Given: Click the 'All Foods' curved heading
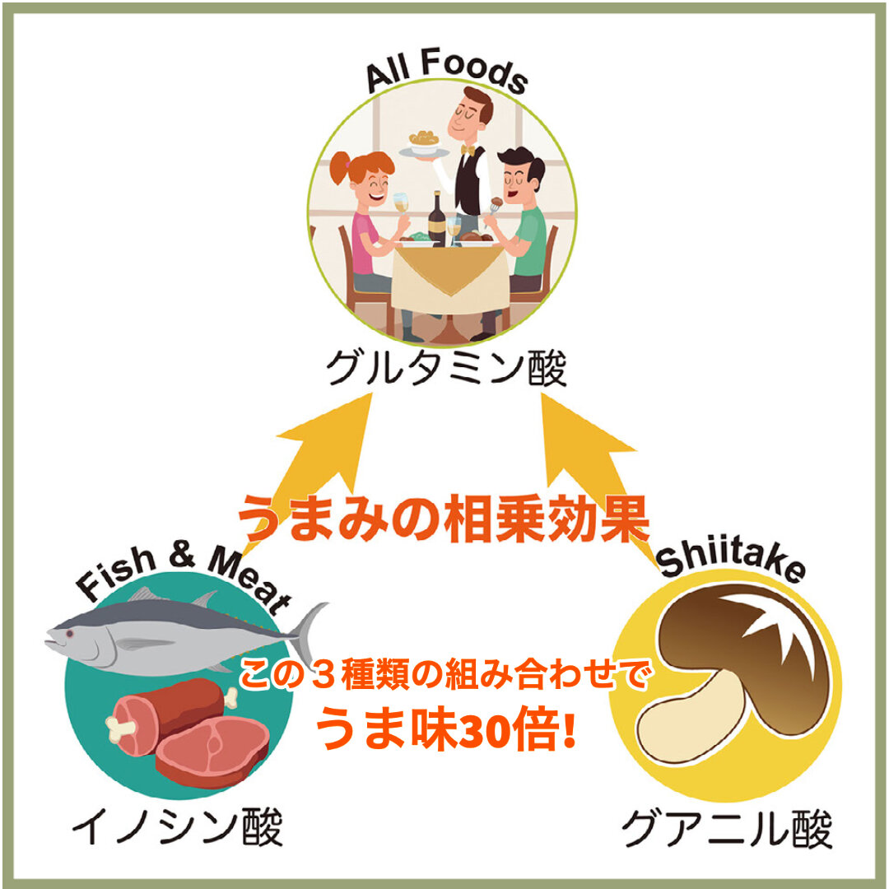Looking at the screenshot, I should (445, 76).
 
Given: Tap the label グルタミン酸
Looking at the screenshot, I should (446, 369).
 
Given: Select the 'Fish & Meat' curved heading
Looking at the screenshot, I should (183, 576).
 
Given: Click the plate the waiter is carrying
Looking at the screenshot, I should (425, 147).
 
